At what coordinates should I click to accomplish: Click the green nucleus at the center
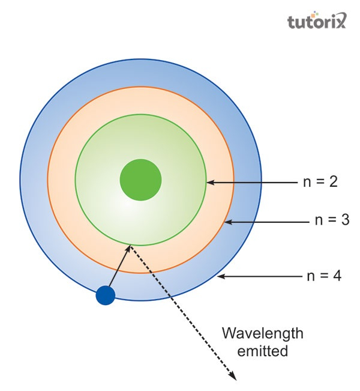[x=141, y=179]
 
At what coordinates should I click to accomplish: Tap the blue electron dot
[x=105, y=295]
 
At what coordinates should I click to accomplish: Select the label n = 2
[x=320, y=182]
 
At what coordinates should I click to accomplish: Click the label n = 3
[x=332, y=220]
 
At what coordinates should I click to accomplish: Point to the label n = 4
[x=324, y=277]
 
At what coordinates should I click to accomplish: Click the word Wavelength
[x=262, y=334]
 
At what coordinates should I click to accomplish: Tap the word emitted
[x=262, y=351]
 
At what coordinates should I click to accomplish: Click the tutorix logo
[x=316, y=22]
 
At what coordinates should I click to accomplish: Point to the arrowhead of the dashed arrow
[x=233, y=377]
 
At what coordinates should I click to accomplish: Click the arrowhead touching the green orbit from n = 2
[x=210, y=182]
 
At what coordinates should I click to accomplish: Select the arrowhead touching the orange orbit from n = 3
[x=228, y=222]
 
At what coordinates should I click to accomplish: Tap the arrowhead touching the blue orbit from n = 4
[x=221, y=277]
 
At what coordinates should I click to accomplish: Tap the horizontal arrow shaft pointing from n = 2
[x=255, y=182]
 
